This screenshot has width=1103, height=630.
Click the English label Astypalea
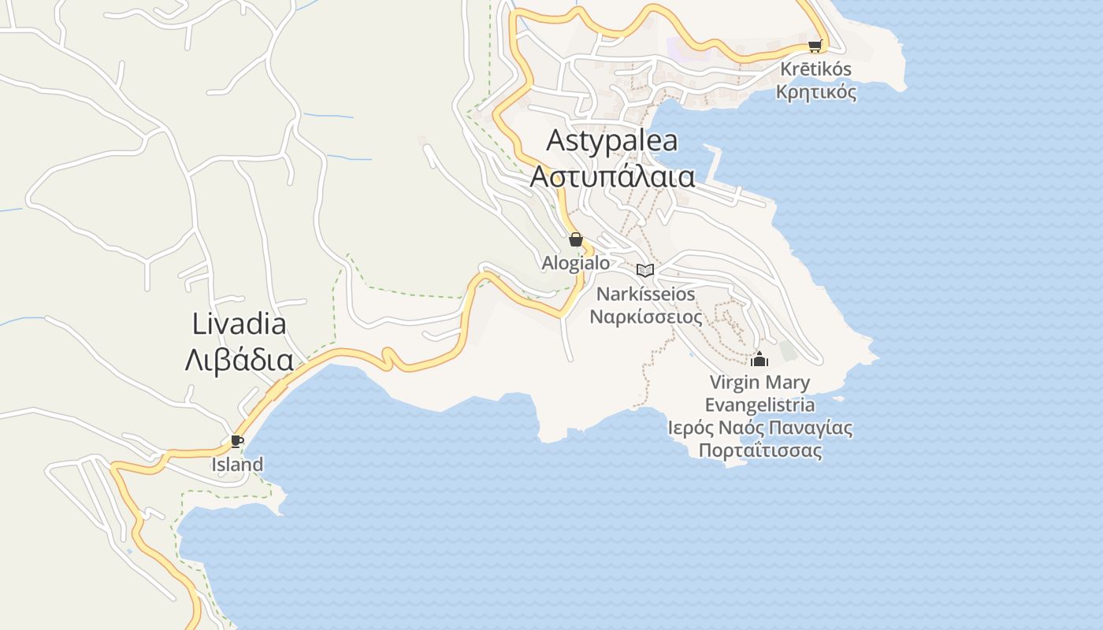click(x=611, y=141)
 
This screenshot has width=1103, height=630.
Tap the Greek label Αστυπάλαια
click(x=611, y=176)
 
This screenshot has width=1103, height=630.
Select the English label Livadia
click(x=239, y=324)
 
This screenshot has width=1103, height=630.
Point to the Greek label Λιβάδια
click(x=239, y=361)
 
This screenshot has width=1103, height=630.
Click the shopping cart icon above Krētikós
click(x=815, y=46)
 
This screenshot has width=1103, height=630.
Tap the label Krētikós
click(x=815, y=69)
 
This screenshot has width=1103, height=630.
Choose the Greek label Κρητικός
click(x=815, y=92)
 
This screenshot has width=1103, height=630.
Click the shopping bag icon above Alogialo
click(x=576, y=239)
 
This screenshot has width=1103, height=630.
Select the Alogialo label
click(x=576, y=263)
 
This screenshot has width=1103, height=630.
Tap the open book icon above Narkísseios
click(x=645, y=270)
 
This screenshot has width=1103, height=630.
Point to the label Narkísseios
click(x=646, y=294)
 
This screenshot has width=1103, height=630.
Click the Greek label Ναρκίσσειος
click(x=646, y=317)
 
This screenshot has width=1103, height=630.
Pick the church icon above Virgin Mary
click(x=759, y=359)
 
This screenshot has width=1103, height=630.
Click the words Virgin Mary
click(x=759, y=383)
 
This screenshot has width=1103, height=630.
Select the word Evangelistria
click(x=759, y=406)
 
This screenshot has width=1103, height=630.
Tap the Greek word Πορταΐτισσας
click(x=759, y=451)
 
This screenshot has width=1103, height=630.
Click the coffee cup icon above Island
click(x=236, y=441)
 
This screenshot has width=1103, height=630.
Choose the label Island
click(x=237, y=465)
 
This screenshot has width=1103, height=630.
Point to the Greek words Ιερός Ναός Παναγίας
click(x=759, y=428)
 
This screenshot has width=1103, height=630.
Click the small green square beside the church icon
click(x=788, y=351)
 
